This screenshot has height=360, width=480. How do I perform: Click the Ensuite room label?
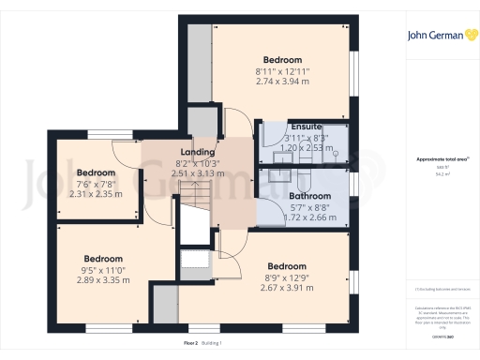pyautogui.click(x=306, y=127)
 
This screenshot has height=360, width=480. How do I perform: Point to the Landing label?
pyautogui.click(x=198, y=152)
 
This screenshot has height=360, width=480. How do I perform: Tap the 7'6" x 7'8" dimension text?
pyautogui.click(x=95, y=185)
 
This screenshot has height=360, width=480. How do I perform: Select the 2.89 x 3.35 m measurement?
pyautogui.click(x=102, y=280)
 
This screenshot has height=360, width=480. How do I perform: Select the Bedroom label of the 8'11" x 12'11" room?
pyautogui.click(x=282, y=59)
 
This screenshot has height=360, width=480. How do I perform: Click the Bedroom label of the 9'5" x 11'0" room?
pyautogui.click(x=102, y=259)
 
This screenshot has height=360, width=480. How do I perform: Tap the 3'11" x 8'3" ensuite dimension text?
pyautogui.click(x=306, y=137)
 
